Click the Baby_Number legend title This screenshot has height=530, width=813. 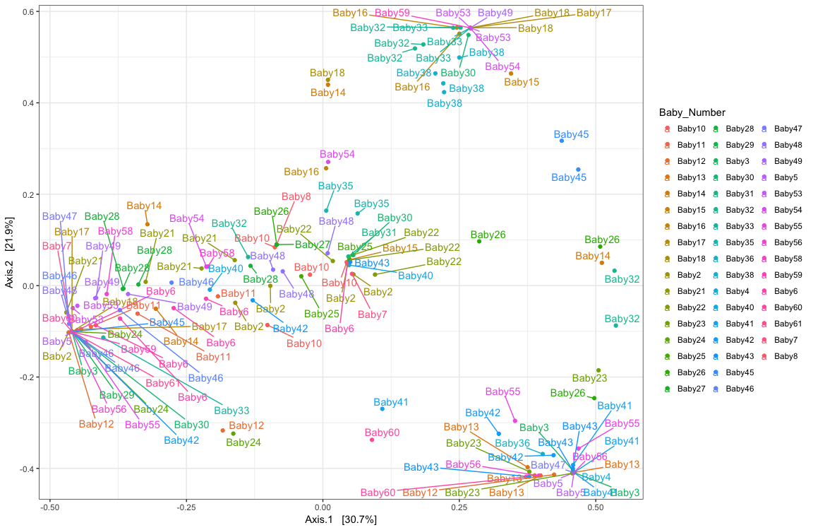(692, 113)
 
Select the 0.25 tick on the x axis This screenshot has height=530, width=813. (459, 507)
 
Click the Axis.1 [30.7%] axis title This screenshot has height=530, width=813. (341, 519)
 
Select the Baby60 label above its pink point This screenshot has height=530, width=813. (382, 432)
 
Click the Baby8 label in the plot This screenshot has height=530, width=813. (296, 197)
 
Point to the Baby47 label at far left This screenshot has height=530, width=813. (60, 216)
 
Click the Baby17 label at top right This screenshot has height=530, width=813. (594, 13)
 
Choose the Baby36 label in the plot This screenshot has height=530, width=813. (512, 443)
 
